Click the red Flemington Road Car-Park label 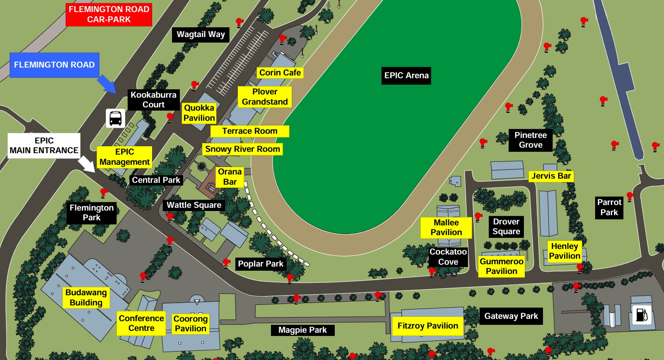(x=109, y=14)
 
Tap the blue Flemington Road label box (x=55, y=65)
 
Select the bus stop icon (x=115, y=118)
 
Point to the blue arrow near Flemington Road (x=108, y=84)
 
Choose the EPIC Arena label (x=406, y=75)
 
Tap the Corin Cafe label (x=280, y=73)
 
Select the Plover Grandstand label (x=265, y=97)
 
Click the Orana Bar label (x=230, y=177)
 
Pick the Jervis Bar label (x=552, y=176)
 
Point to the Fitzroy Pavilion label (x=428, y=326)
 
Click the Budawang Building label (x=86, y=298)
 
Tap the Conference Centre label (x=141, y=323)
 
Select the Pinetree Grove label (x=531, y=140)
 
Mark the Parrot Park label (x=609, y=207)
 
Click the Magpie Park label (x=302, y=330)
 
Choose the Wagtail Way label (x=201, y=34)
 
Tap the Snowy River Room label (x=243, y=149)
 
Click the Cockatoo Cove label (x=448, y=257)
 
